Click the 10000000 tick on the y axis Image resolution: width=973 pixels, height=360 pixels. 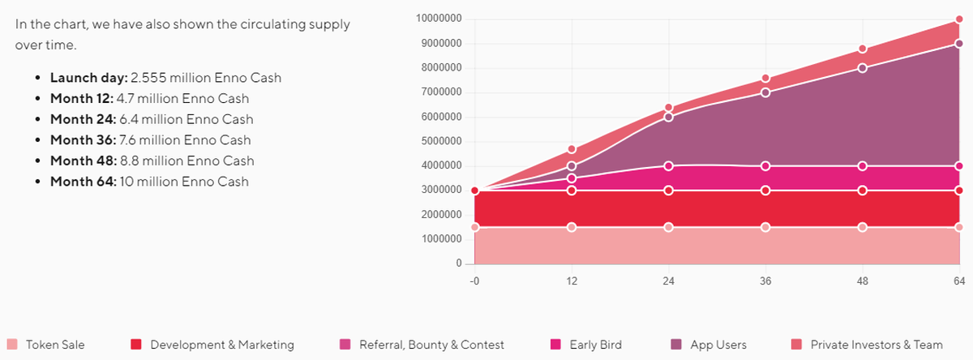[x=439, y=19]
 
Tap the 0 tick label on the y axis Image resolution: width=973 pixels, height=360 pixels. [x=458, y=264]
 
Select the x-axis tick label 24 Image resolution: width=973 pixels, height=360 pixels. [x=668, y=281]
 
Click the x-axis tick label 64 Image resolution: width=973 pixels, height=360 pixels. [x=959, y=281]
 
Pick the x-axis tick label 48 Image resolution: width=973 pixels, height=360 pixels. [x=863, y=281]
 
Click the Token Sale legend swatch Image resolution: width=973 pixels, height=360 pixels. [x=11, y=345]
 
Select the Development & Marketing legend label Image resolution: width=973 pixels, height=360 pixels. [x=221, y=345]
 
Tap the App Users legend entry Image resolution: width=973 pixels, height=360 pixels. [x=719, y=345]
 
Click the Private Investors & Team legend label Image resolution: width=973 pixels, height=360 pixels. [x=877, y=345]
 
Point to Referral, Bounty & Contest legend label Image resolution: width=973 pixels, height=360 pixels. [x=431, y=345]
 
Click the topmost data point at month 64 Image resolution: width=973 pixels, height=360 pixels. [x=959, y=19]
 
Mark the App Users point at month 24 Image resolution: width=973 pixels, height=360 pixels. [x=668, y=117]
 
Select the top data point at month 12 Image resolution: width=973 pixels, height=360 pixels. [x=572, y=149]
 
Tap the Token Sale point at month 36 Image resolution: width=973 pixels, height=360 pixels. [x=765, y=227]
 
